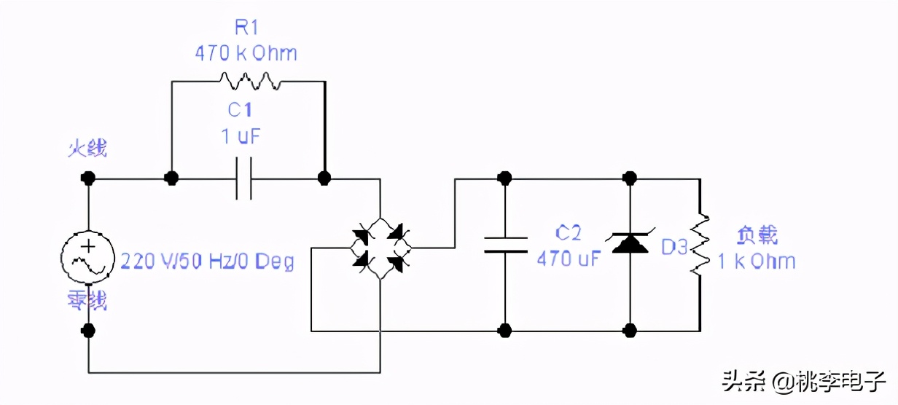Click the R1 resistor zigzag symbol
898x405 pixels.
249,80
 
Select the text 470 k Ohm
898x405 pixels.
246,54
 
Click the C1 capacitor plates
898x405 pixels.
244,178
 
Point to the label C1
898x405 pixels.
240,110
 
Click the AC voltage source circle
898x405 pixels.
88,256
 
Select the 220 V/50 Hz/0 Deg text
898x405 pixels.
207,262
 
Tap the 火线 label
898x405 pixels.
88,150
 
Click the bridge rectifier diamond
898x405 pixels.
379,248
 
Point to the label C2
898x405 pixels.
569,234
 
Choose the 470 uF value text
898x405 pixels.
569,258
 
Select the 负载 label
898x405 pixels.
757,235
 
